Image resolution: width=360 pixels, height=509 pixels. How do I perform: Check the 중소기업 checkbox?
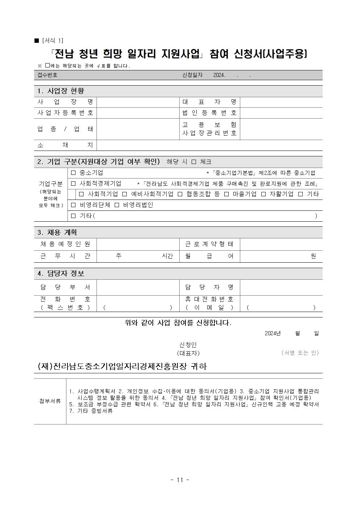pos(74,173)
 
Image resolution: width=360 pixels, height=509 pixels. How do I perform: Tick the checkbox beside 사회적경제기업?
pos(74,184)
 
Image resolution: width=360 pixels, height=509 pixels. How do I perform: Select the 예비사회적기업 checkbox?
pos(124,194)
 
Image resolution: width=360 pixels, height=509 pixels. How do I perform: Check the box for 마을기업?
pos(226,194)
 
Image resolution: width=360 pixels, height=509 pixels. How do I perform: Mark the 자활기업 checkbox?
pos(263,194)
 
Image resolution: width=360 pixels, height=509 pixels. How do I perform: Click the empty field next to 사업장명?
pos(138,102)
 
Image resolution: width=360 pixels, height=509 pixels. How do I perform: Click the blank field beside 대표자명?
pos(281,102)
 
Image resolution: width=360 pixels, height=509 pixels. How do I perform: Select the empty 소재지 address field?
pos(209,145)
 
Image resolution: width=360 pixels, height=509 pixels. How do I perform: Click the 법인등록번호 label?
pos(209,113)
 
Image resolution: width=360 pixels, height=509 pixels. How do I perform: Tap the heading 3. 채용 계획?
pos(57,233)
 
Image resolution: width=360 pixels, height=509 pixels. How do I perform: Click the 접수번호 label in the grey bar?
pos(48,75)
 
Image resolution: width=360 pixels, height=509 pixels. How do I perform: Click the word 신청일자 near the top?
pos(192,75)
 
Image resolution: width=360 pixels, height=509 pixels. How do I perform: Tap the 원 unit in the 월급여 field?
pos(314,256)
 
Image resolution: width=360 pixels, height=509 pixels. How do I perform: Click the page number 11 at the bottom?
pos(180,480)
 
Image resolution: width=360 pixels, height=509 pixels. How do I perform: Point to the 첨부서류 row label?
pos(50,401)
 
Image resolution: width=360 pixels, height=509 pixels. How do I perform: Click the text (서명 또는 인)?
pos(300,353)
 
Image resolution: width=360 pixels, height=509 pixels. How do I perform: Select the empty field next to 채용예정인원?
pos(138,244)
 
